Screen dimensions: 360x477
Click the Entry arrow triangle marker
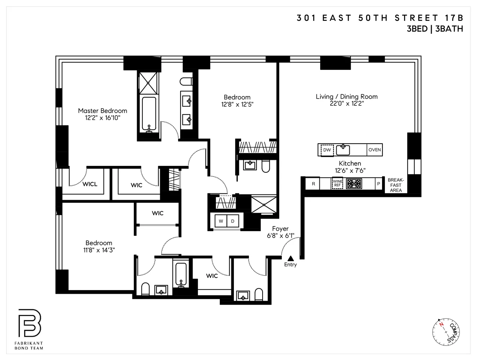click(291, 258)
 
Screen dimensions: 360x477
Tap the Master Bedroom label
click(103, 111)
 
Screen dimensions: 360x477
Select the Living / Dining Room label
click(346, 96)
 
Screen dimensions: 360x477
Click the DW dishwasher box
click(327, 150)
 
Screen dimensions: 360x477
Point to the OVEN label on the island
click(374, 150)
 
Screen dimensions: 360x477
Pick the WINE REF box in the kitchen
click(337, 184)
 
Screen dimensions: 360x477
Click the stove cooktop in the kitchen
click(354, 184)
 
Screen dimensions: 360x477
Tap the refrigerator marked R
click(313, 184)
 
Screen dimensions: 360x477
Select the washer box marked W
click(221, 221)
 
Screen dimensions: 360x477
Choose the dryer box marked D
click(233, 221)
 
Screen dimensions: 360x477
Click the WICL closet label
click(90, 184)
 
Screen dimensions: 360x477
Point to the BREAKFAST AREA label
click(396, 185)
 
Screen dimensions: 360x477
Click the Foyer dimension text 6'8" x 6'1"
click(281, 236)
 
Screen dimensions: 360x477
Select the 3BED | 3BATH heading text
click(435, 29)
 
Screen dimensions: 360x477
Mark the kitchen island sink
click(343, 149)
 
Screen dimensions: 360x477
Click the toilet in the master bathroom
click(186, 82)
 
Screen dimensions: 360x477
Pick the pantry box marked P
click(378, 184)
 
